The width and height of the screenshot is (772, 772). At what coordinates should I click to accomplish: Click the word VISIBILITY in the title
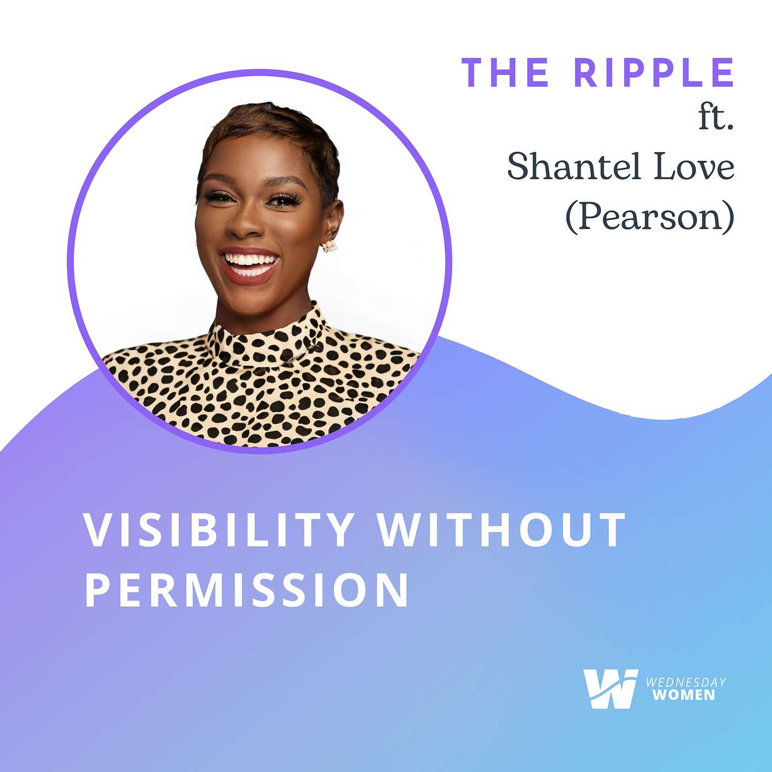coord(218,530)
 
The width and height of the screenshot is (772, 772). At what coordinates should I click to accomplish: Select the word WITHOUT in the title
coord(502,530)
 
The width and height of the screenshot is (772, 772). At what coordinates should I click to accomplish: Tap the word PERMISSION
coord(246,589)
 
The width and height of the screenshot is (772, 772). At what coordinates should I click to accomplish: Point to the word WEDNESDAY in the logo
coord(685,683)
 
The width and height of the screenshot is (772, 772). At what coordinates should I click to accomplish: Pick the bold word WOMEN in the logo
coord(684,695)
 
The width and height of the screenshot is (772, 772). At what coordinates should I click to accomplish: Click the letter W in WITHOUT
coord(397,530)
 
